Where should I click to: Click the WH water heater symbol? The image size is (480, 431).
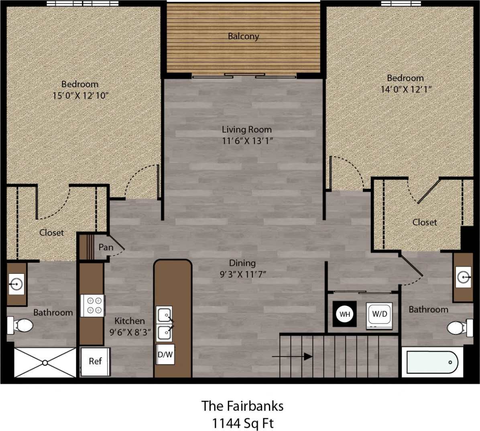345,314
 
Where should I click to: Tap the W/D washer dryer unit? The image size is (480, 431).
379,314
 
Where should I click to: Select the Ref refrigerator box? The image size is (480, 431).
95,361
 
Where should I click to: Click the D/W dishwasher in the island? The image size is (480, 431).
165,354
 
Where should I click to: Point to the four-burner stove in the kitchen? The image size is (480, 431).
93,306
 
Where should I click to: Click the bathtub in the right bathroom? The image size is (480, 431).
432,362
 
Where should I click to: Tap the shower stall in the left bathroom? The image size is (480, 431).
45,363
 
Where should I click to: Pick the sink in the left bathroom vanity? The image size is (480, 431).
16,284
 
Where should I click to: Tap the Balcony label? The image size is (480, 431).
243,36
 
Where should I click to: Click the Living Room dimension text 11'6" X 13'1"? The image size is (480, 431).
247,141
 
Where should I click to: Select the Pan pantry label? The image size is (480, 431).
106,247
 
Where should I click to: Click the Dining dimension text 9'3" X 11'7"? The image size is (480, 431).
243,274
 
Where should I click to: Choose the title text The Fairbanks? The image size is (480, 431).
242,406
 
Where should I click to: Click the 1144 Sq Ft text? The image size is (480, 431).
242,423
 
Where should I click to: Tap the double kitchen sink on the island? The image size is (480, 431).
165,324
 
